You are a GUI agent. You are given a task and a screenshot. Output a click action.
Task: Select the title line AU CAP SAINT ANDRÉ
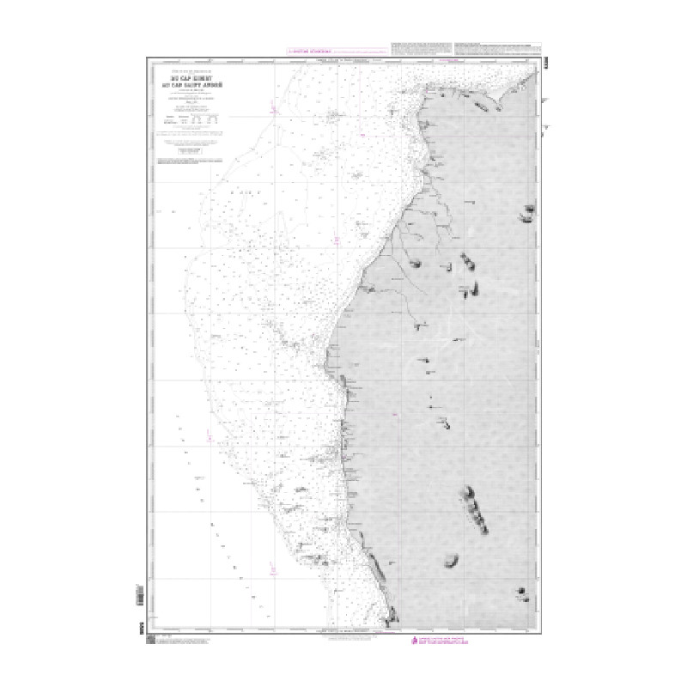click(x=188, y=82)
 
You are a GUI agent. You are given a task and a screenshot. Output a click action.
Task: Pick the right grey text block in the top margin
click(x=497, y=47)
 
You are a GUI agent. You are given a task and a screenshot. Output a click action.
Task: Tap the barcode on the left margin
click(x=143, y=593)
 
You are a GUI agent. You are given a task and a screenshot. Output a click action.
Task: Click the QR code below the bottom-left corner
click(x=149, y=641)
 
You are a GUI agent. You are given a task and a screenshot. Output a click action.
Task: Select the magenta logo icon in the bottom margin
click(x=419, y=641)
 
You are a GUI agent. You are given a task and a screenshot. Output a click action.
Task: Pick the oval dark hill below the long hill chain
click(x=450, y=562)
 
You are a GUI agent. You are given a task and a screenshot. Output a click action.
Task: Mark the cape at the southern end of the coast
click(x=392, y=615)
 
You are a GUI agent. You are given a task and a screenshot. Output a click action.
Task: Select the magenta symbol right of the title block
click(x=272, y=107)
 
